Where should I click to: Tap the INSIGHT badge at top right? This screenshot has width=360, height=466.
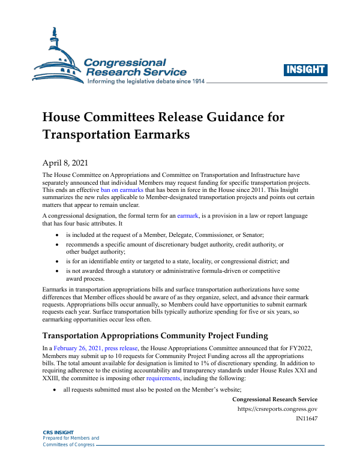point(306,70)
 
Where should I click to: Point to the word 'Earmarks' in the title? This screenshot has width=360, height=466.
point(158,134)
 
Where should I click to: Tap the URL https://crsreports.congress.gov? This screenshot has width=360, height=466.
point(278,409)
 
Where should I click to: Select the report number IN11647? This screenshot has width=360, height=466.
point(307,419)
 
